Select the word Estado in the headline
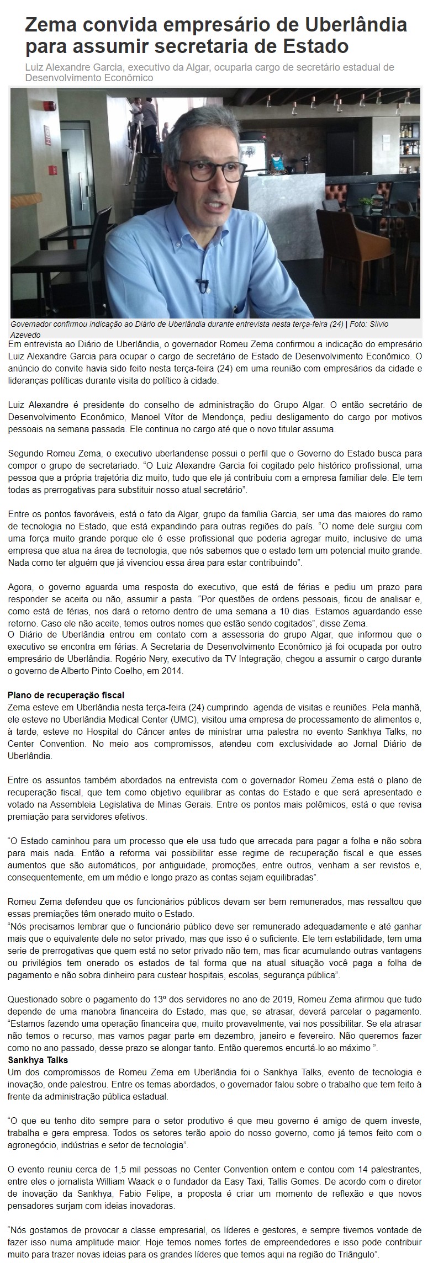[x=315, y=46]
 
